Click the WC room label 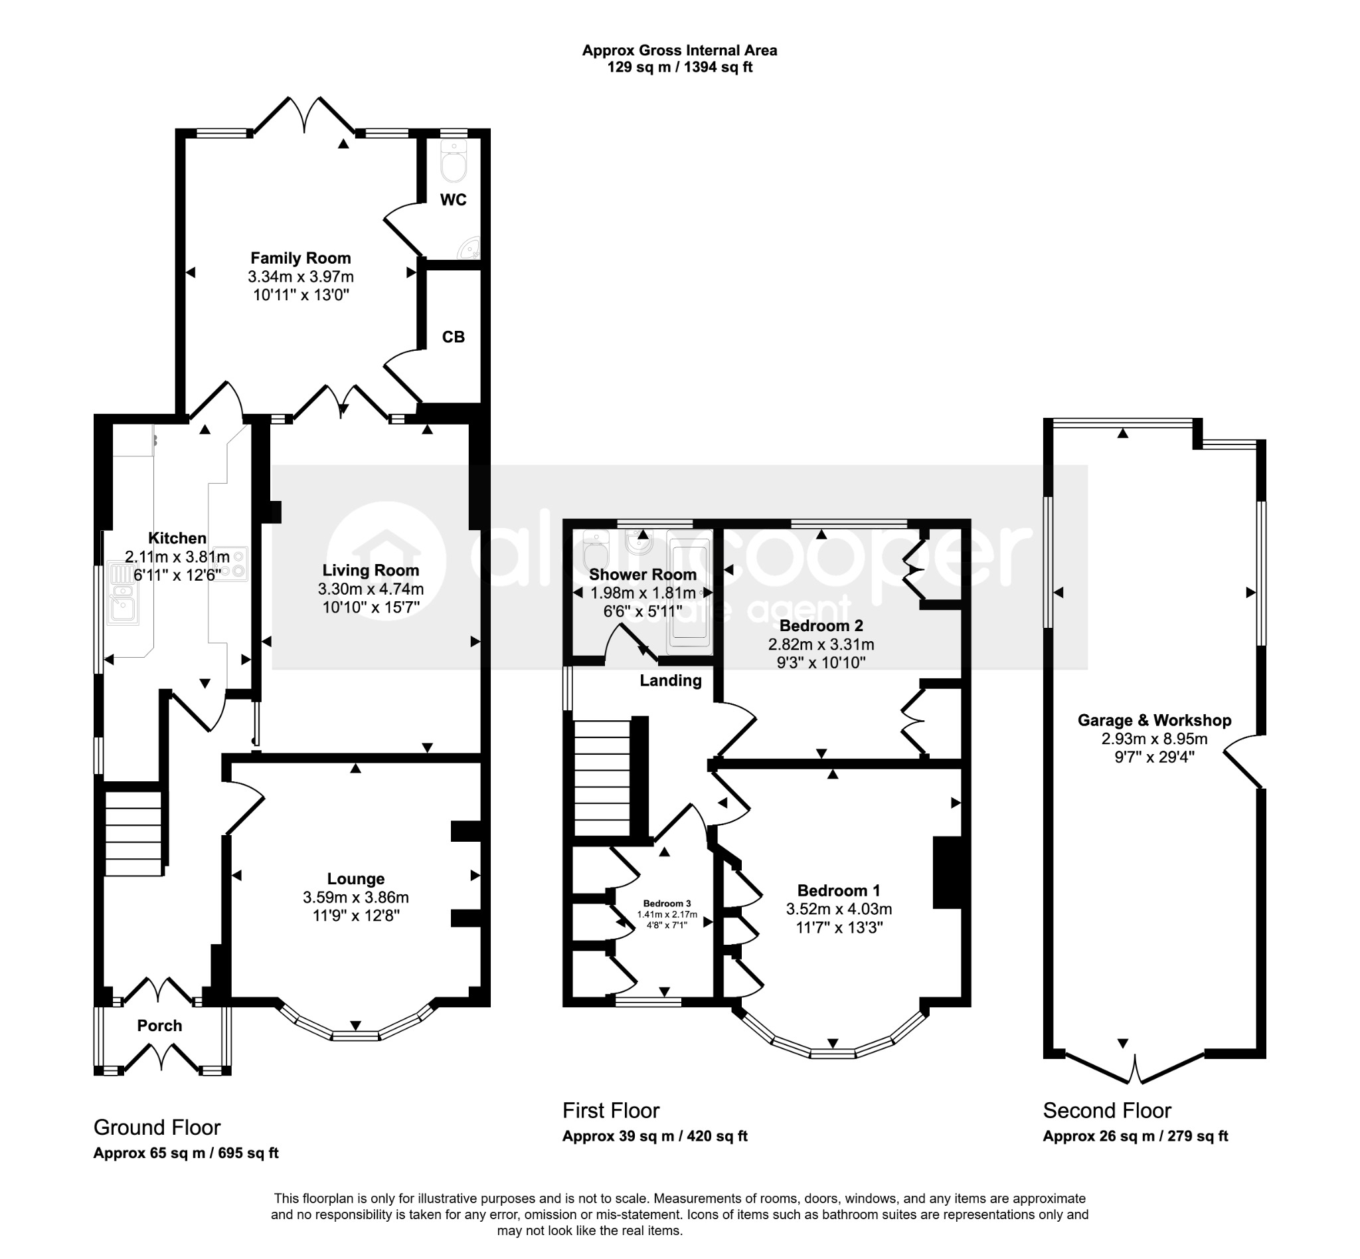[453, 199]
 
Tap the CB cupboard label [454, 337]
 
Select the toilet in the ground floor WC [454, 161]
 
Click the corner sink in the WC [470, 248]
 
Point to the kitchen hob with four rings [230, 563]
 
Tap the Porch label [159, 1026]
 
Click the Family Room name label [300, 258]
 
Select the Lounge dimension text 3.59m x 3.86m [355, 897]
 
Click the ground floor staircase [133, 832]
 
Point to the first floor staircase [603, 777]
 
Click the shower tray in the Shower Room [690, 592]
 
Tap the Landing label [670, 680]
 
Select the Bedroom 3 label [667, 904]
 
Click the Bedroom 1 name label [838, 890]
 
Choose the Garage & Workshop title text [1154, 720]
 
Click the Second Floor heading [1106, 1110]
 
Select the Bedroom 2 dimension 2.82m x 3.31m [821, 644]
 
